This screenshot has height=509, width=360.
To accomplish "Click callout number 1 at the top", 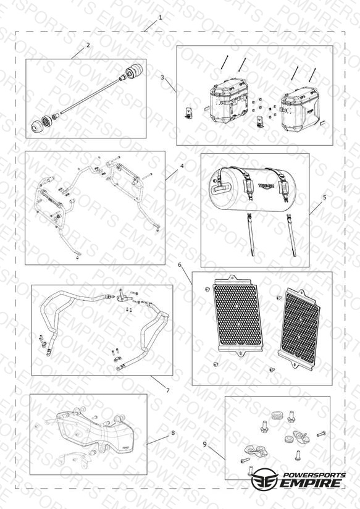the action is point(160,17).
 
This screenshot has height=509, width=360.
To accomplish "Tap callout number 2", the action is point(88,45).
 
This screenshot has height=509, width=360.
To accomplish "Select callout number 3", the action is point(162,78).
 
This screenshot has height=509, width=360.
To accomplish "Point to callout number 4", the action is point(182,166).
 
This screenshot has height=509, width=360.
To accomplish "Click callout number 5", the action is point(325,197).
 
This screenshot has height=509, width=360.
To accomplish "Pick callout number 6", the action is point(180,265).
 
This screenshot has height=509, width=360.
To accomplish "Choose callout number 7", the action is point(168,390).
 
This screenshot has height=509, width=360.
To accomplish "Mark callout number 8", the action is point(173,433).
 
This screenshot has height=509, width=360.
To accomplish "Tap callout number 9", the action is point(204,444).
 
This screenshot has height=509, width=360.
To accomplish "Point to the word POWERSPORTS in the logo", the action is point(314,475).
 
